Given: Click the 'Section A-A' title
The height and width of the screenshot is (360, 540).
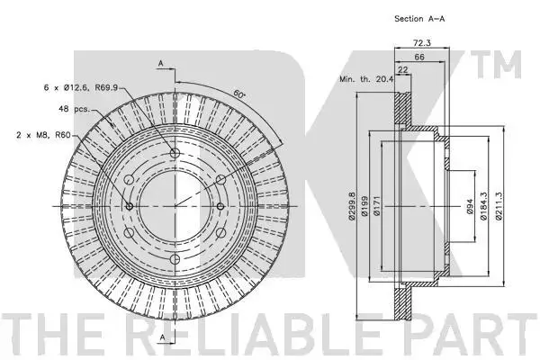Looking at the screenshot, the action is pos(419,19).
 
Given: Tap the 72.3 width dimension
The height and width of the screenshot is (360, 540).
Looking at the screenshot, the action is pos(421,42).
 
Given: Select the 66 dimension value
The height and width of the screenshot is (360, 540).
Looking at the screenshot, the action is pos(419,57).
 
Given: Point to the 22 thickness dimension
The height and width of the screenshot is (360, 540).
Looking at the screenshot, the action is pos(402,69).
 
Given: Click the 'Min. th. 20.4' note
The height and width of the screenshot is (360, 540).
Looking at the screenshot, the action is pos(366,79).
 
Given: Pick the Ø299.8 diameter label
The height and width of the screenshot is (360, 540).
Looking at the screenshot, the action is pos(351,206).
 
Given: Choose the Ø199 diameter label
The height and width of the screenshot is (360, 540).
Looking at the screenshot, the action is pos(364,206).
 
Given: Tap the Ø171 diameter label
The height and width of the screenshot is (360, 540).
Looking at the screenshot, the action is pos(375,206).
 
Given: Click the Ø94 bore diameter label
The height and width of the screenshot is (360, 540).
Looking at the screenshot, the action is pos(470,206).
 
